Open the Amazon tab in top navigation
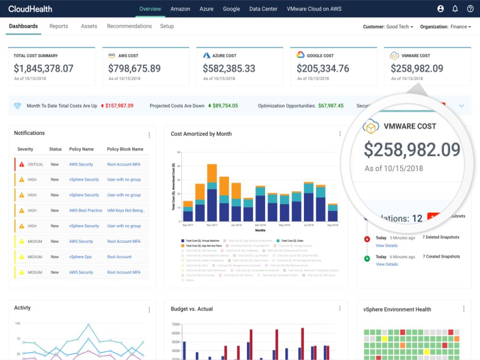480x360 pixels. pos(180,9)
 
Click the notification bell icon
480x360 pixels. pos(455,9)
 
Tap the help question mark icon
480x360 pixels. pos(470,9)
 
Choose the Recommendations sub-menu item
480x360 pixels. pos(129,26)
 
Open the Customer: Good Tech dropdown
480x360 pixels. pos(388,27)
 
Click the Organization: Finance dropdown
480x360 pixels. pos(445,27)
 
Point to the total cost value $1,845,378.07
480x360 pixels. pos(44,69)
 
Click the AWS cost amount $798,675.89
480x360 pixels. pos(134,69)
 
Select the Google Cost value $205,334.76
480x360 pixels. pos(323,69)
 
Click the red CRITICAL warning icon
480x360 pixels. pos(22,164)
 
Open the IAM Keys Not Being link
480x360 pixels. pos(126,211)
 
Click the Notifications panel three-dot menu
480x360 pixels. pos(149,135)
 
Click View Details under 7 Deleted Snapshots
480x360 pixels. pos(387,246)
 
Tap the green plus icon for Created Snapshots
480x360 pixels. pos(366,259)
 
